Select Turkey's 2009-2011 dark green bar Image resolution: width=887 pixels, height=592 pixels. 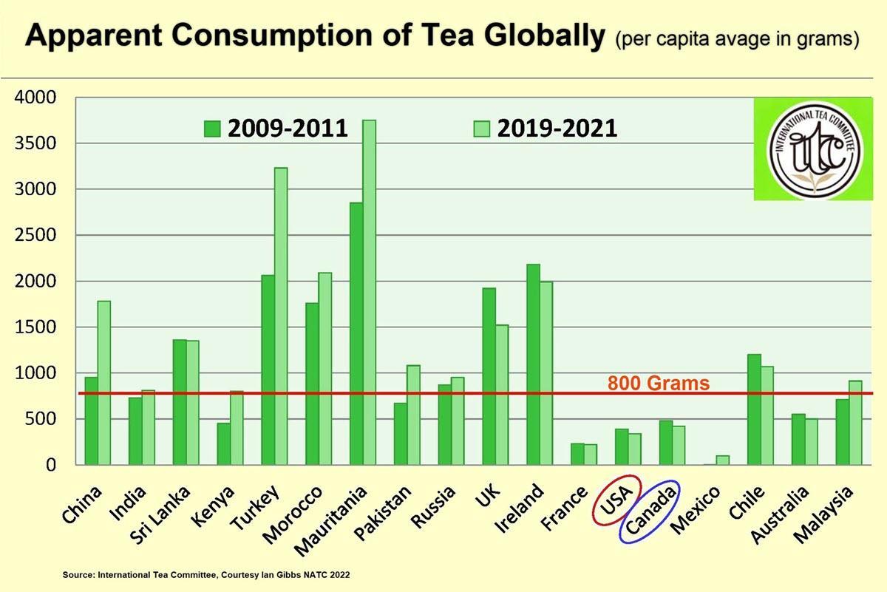tap(268, 370)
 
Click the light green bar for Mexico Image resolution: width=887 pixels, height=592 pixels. tap(723, 460)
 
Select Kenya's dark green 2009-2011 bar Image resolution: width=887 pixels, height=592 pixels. tap(223, 443)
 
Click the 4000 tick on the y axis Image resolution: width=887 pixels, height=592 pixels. tap(35, 98)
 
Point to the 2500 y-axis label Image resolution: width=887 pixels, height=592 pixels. tap(35, 236)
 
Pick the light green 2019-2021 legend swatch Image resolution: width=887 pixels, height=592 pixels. tap(481, 129)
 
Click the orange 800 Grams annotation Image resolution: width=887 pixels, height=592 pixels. tap(659, 384)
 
